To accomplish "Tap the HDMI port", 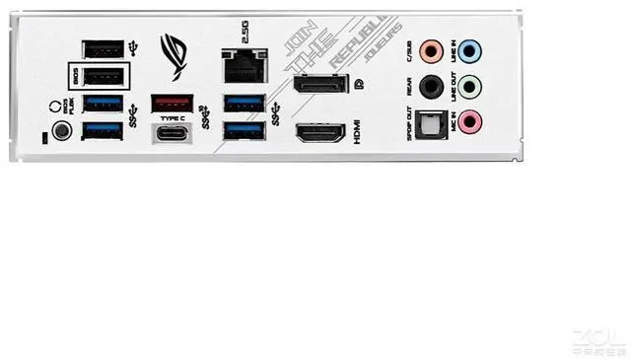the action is click(x=318, y=133).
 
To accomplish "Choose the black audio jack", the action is click(x=429, y=87).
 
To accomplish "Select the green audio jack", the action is click(x=471, y=87).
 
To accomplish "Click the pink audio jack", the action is click(x=471, y=122).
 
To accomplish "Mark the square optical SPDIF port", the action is click(x=430, y=122).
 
